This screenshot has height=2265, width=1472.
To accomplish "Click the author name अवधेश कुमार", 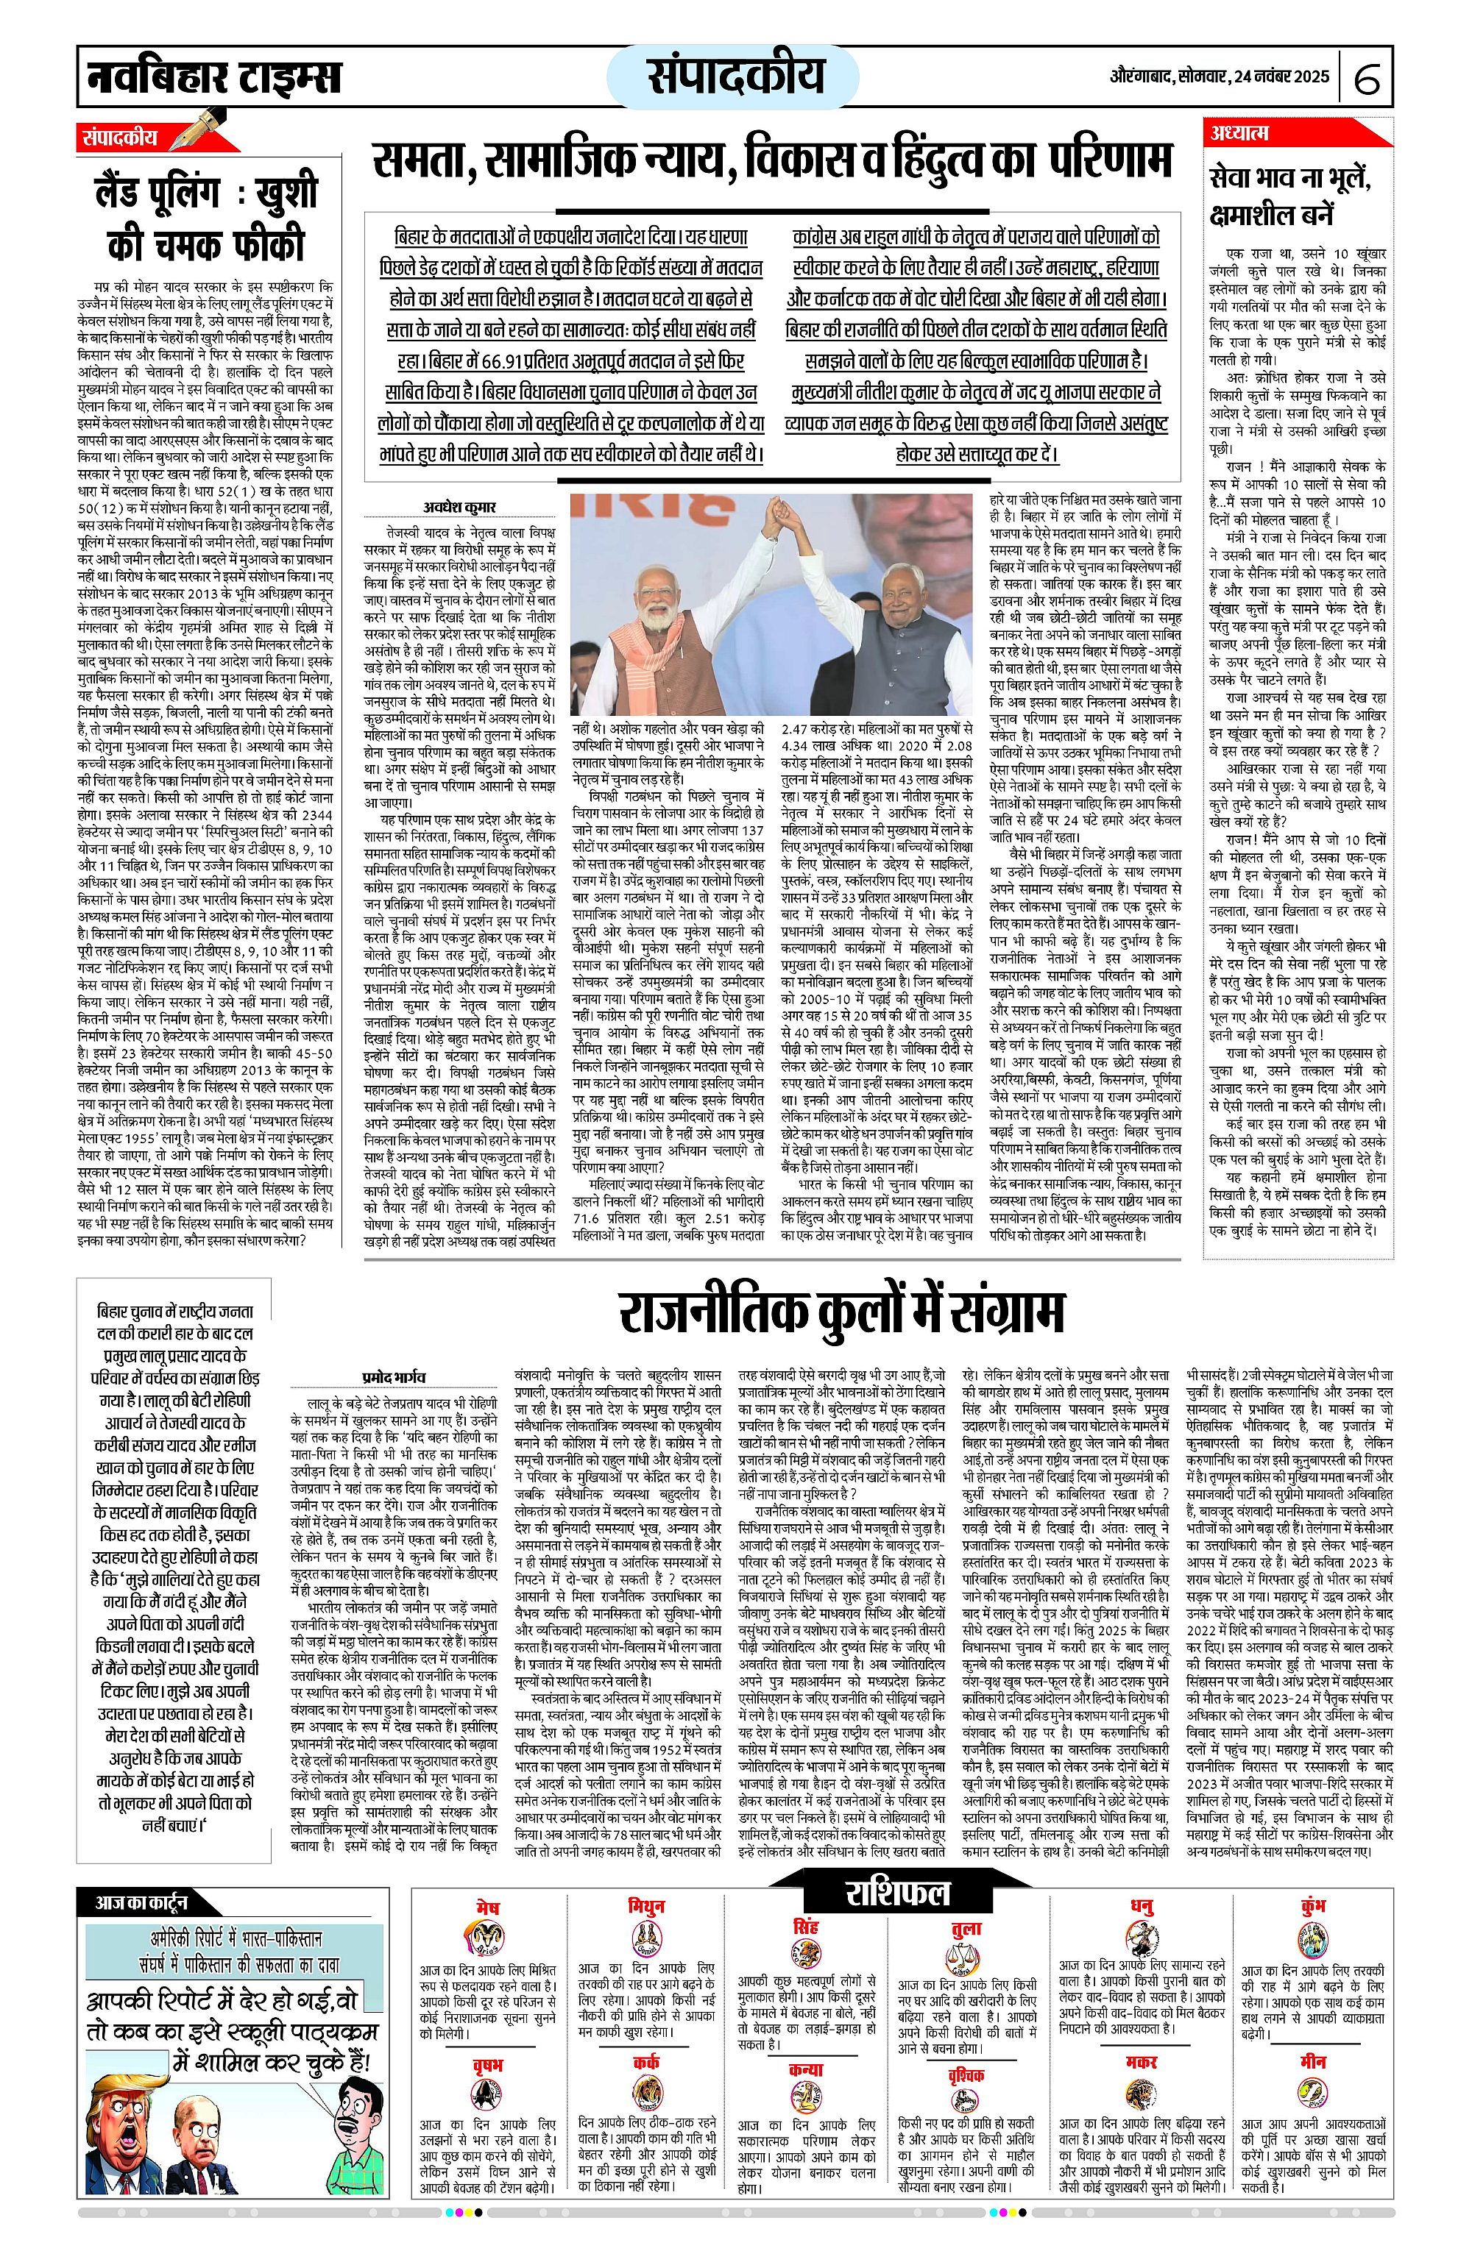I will [x=459, y=508].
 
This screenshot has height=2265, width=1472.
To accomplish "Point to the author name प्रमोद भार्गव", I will [x=394, y=1376].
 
